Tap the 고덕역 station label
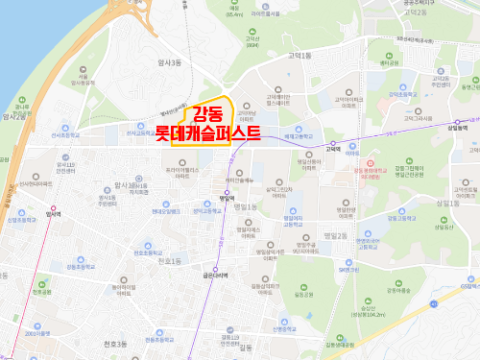pos(333,150)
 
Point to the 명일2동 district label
pos(334,235)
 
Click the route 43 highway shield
pos(433,301)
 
